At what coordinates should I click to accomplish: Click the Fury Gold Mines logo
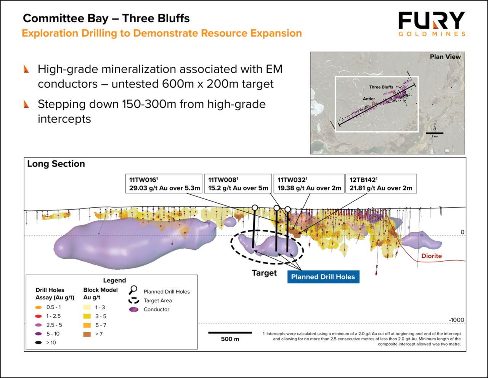click(432, 24)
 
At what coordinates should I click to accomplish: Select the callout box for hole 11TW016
click(164, 184)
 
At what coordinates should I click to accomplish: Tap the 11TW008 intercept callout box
click(238, 184)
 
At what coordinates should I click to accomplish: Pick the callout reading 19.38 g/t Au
click(309, 184)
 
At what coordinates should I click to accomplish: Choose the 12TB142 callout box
click(381, 184)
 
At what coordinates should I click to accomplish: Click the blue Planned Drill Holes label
click(323, 277)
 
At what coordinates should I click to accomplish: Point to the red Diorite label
click(432, 256)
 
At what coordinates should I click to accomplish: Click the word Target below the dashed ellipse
click(264, 273)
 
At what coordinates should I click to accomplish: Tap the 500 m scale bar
click(230, 333)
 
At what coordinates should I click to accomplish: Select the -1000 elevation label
click(456, 320)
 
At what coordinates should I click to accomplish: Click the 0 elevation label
click(462, 232)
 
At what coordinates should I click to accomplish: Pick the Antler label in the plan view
click(369, 99)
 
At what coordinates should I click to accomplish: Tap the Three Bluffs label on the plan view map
click(381, 87)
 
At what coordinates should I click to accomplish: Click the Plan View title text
click(445, 57)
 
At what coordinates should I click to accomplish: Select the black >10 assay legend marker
click(39, 342)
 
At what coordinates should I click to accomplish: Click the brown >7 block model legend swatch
click(87, 334)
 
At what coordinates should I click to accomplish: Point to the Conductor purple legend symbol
click(134, 310)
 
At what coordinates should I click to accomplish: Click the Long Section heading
click(56, 164)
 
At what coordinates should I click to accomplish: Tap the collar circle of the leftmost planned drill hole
click(255, 207)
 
